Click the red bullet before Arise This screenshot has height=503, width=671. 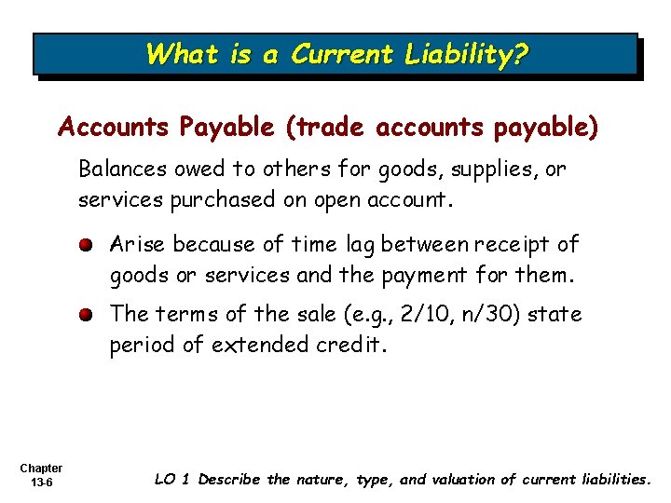pyautogui.click(x=84, y=245)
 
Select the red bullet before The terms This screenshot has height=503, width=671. pyautogui.click(x=84, y=315)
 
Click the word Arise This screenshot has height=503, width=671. pyautogui.click(x=138, y=245)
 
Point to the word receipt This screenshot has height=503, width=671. pyautogui.click(x=514, y=245)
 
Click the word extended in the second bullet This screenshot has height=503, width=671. pyautogui.click(x=262, y=345)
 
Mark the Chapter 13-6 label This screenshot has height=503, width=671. pyautogui.click(x=40, y=475)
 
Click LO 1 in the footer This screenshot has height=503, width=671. pyautogui.click(x=173, y=480)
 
